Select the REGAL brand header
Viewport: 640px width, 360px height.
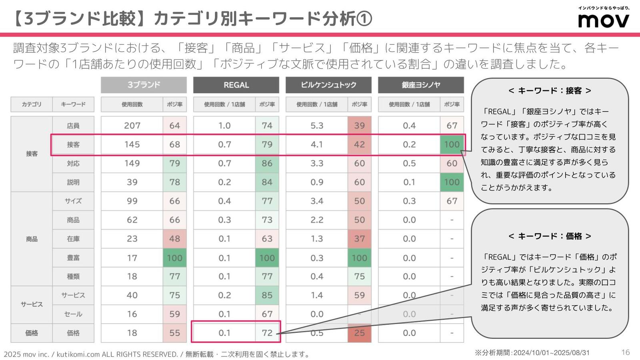coord(236,85)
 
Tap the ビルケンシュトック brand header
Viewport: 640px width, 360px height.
coord(328,85)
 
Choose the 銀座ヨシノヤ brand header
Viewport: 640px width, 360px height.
coord(421,85)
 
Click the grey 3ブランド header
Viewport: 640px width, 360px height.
coord(144,85)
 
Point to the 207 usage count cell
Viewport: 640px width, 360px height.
coord(132,126)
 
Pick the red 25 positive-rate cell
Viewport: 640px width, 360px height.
coord(359,333)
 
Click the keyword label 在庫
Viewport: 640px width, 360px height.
coord(73,239)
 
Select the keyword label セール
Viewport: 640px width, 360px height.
coord(73,314)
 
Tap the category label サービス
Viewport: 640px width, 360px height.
coord(32,304)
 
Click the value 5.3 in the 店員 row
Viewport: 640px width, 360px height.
coord(317,126)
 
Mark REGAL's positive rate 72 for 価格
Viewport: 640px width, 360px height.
coord(267,333)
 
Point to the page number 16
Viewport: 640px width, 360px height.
coord(626,352)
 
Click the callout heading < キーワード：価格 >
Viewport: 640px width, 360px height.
coord(550,236)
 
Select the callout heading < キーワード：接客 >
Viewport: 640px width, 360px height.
coord(550,91)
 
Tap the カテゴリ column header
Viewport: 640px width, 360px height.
coord(32,104)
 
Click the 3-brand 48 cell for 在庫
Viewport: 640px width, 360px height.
coord(175,239)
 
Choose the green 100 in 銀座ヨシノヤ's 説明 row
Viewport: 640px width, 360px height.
coord(452,182)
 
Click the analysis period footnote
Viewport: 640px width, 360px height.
coord(532,353)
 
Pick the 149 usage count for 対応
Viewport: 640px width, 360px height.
coord(132,163)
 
